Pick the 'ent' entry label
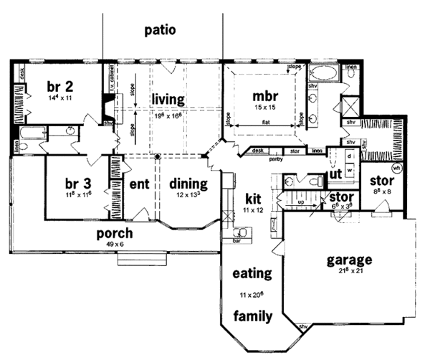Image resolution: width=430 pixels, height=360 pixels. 138,184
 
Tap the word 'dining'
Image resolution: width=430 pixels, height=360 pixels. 188,184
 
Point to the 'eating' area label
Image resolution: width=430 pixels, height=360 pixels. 251,273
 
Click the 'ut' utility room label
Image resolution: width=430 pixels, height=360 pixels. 334,174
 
